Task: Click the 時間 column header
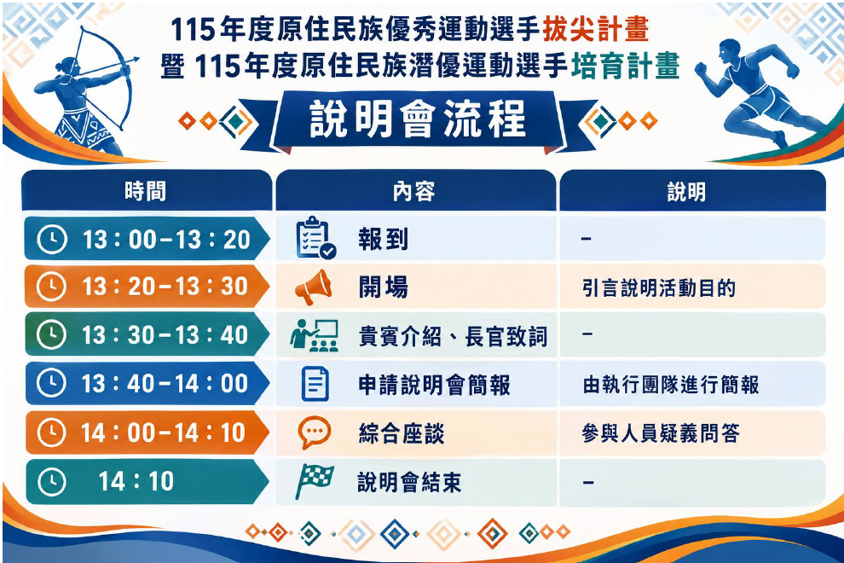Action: (145, 191)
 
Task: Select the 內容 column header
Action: (413, 191)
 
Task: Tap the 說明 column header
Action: (686, 192)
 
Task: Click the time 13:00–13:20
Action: (166, 239)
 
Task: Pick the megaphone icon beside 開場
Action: (313, 287)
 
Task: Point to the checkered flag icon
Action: (315, 480)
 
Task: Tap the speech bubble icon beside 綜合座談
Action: (315, 432)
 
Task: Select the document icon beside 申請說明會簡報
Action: (315, 384)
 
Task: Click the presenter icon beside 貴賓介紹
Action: (315, 335)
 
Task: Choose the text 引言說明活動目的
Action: (659, 288)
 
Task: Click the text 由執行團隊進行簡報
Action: (671, 385)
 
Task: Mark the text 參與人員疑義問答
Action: (661, 433)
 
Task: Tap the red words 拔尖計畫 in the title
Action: (596, 29)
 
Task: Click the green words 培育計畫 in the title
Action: (625, 67)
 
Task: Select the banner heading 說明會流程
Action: (417, 119)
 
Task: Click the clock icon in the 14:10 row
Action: (52, 482)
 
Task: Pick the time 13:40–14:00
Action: (165, 384)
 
